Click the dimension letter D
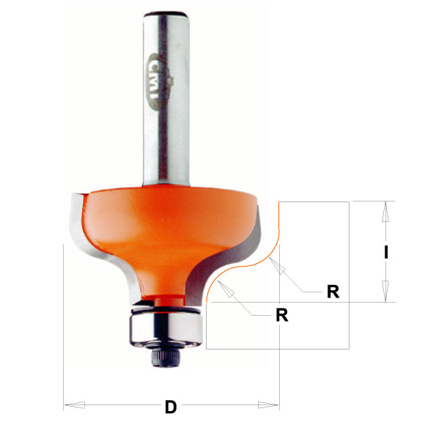click(x=171, y=405)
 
